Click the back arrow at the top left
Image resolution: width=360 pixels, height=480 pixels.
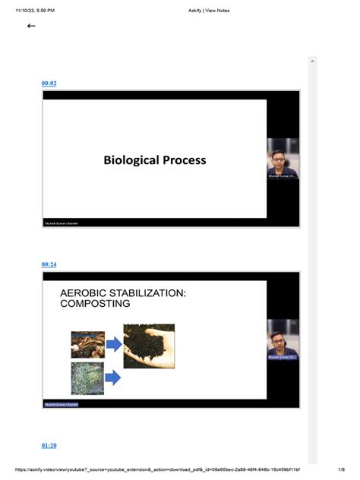(31, 26)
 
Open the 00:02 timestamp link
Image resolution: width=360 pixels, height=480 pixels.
(49, 83)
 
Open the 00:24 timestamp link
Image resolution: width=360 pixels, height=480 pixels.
(49, 264)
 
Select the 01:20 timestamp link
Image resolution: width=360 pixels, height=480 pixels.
(49, 445)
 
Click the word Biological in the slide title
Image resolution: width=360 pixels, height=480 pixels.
(131, 160)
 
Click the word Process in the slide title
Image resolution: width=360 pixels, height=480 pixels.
(184, 160)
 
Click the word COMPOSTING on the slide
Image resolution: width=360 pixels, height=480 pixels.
(95, 304)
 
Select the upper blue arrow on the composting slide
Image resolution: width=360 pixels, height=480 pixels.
(113, 345)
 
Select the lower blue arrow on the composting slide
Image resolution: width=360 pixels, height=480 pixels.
(113, 377)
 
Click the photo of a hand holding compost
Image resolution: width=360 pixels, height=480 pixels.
(149, 346)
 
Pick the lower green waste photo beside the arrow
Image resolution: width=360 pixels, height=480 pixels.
(87, 377)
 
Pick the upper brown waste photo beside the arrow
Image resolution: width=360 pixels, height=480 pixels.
(87, 344)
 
